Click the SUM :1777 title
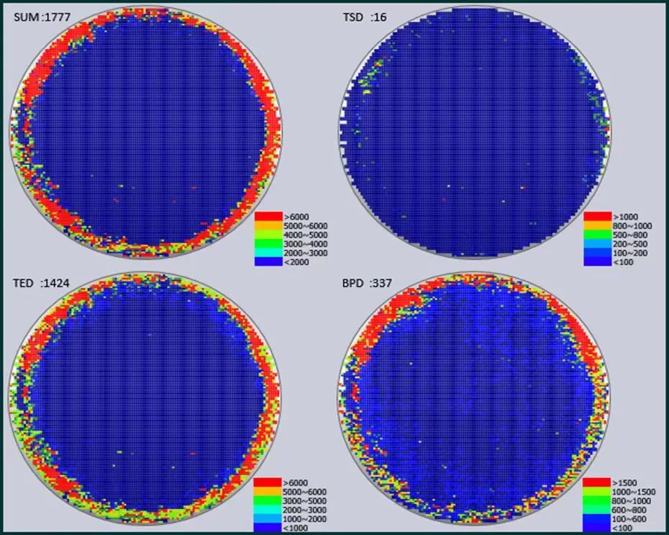click(x=42, y=17)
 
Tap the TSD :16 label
click(x=365, y=17)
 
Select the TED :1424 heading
click(x=41, y=283)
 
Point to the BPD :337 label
click(x=367, y=283)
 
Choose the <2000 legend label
click(x=296, y=262)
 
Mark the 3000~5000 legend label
click(x=304, y=501)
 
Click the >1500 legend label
click(x=624, y=483)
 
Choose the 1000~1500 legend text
click(x=634, y=493)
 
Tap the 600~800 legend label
click(x=629, y=511)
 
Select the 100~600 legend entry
click(x=629, y=519)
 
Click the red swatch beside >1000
click(x=597, y=217)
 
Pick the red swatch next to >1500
click(x=596, y=482)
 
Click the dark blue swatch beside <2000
click(x=268, y=261)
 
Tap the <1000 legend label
click(x=295, y=529)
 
